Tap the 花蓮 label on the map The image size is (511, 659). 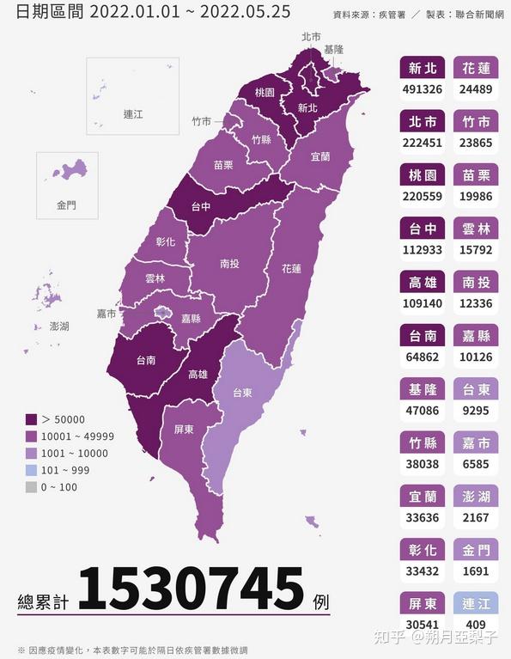tap(291, 268)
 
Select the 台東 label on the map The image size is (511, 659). tap(243, 393)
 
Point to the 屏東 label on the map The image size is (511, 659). tap(183, 429)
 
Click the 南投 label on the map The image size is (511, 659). tap(229, 265)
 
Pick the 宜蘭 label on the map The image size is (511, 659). tap(319, 157)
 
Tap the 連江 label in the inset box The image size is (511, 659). tap(132, 113)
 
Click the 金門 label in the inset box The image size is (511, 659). tap(66, 205)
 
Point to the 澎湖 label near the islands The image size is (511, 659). tap(59, 326)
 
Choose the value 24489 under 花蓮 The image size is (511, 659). tap(476, 88)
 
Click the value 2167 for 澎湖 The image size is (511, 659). tap(476, 518)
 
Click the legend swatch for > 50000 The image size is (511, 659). tap(31, 419)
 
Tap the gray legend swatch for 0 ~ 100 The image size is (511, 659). tap(31, 487)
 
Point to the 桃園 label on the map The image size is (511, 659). tap(264, 92)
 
